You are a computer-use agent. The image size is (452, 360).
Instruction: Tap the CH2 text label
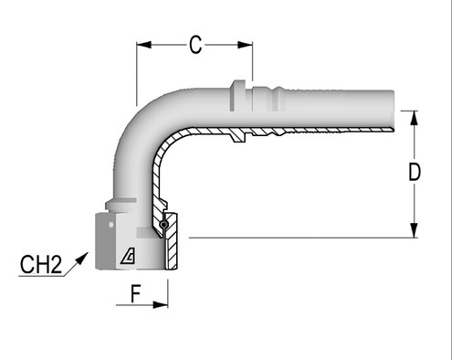click(x=40, y=267)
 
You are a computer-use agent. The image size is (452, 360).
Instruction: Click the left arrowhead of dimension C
click(x=142, y=42)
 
